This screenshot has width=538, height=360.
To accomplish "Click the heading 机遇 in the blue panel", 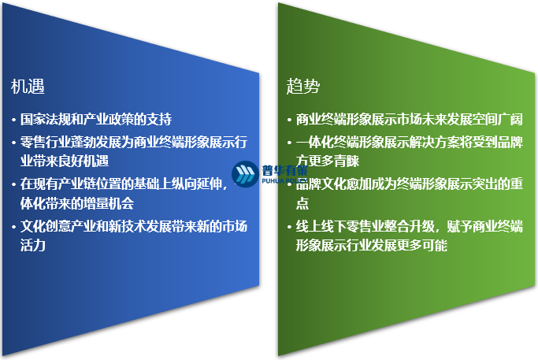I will (27, 86).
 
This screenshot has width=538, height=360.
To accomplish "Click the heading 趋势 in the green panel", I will (302, 86).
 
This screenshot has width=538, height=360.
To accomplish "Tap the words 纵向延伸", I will (197, 184).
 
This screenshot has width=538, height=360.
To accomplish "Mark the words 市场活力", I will (233, 227).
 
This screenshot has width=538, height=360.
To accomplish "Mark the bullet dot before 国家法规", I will (14, 121).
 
